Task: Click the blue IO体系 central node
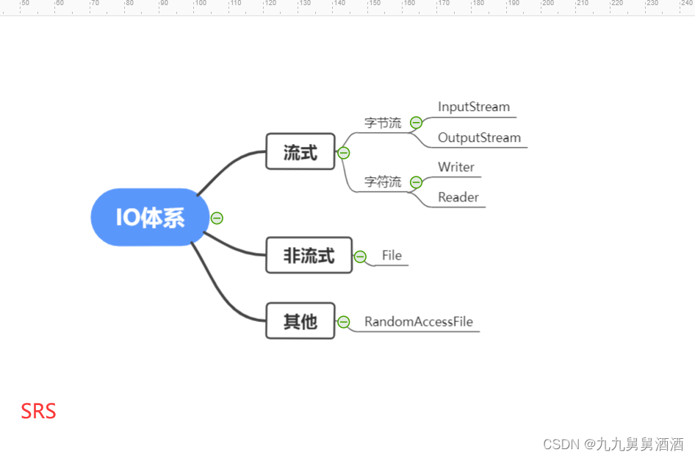[150, 218]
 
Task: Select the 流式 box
[300, 151]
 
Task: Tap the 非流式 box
[309, 255]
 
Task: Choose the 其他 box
[300, 321]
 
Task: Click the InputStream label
[473, 107]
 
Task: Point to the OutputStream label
[479, 138]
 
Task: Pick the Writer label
[456, 168]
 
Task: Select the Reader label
[458, 198]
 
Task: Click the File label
[392, 256]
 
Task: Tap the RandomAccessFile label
[419, 322]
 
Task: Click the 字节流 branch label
[383, 124]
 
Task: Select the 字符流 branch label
[383, 182]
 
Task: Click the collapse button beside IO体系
[217, 218]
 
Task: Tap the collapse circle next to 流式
[343, 153]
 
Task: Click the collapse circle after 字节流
[416, 123]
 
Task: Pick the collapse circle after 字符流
[416, 182]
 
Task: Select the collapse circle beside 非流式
[360, 257]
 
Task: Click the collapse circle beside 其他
[343, 321]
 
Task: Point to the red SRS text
[38, 411]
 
